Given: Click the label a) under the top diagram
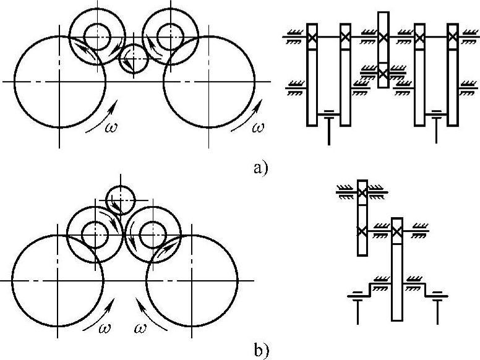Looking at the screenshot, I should coord(260,167).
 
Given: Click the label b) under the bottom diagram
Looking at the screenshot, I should coord(260,351).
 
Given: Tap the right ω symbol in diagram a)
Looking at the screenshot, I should coord(259,127).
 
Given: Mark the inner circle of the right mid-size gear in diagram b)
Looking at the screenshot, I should coord(152,234).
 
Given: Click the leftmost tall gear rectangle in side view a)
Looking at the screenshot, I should coord(312,74).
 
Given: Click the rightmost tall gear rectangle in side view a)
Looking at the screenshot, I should coord(453,74).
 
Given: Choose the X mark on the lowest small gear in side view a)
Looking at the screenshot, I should coord(383,73).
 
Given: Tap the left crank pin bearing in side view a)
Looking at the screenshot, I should coord(328,115).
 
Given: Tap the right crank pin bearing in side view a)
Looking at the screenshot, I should coord(437,115).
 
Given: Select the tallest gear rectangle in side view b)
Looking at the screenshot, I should coord(397,269).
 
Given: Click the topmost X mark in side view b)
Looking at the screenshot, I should coord(362,193).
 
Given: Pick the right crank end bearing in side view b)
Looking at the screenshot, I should coord(439,296).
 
